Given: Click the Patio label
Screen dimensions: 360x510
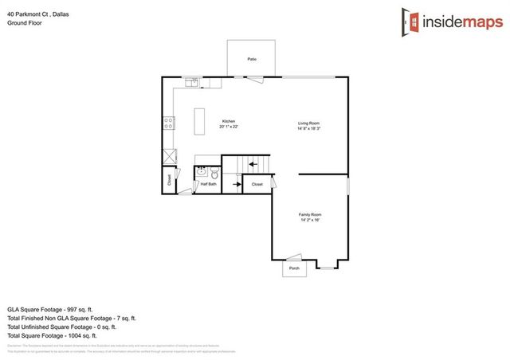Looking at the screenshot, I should click(x=252, y=59).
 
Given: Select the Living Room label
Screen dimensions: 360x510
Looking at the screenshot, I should click(x=309, y=123).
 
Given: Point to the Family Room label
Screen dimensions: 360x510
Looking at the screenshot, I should click(x=311, y=215).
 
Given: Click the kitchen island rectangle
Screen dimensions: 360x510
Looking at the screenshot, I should click(x=199, y=122).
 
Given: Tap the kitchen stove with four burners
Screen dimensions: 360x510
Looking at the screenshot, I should click(x=169, y=123).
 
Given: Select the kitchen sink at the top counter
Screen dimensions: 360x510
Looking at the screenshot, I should click(x=193, y=81).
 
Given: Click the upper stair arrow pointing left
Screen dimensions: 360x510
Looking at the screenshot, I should click(x=252, y=165).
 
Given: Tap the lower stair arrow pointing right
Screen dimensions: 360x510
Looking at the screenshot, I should click(x=236, y=184).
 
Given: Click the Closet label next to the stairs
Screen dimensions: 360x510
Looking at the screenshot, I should click(x=257, y=184).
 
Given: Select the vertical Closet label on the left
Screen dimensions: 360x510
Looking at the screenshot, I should click(x=169, y=180).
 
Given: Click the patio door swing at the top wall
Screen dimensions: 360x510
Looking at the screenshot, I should click(x=255, y=78).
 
